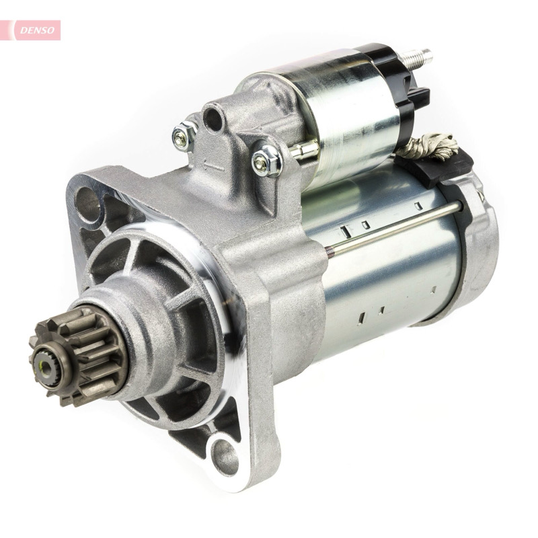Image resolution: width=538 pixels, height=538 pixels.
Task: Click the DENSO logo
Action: (37, 30)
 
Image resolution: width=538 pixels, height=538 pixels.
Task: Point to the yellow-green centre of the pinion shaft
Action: (42, 365)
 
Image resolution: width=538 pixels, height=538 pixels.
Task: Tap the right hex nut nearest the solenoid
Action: (266, 161)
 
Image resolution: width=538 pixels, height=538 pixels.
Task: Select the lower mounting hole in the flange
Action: (225, 457)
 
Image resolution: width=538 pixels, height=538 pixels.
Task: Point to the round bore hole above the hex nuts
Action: (213, 119)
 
